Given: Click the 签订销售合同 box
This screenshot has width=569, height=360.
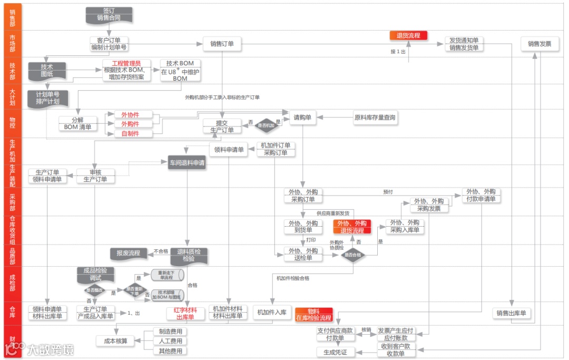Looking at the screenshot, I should [109, 14].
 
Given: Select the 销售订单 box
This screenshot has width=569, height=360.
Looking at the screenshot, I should [222, 44].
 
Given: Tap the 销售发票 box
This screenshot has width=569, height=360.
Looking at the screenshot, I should [539, 44].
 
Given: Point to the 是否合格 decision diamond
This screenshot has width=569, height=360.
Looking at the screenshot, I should [352, 255].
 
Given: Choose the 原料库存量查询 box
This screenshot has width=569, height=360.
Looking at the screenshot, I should [375, 118].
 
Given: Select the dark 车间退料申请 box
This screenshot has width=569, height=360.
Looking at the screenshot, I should [187, 163].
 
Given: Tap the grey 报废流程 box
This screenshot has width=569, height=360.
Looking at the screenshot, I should [129, 252].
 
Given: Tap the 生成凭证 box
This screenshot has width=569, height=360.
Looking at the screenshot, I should [336, 352].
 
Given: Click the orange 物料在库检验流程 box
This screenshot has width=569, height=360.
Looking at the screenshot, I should [313, 315].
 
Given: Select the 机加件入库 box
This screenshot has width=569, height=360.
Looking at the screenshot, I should [272, 312].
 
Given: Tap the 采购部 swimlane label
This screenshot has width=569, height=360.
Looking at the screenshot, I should [12, 202].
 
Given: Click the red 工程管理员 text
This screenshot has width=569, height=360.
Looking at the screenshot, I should [126, 63].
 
